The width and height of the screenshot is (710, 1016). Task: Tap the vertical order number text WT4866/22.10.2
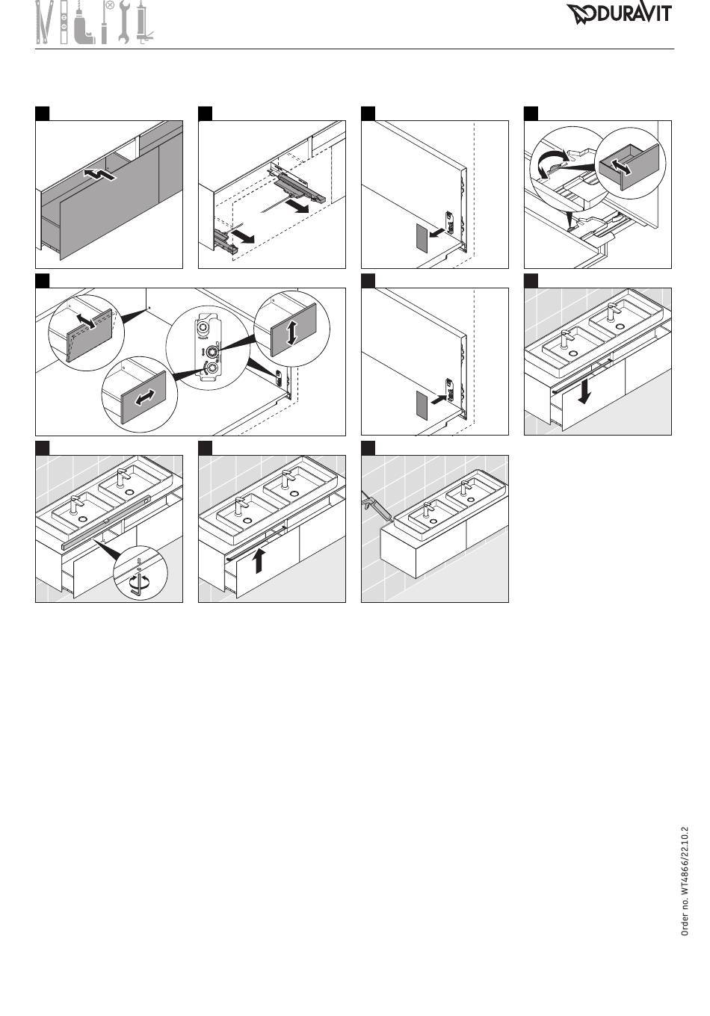click(x=685, y=881)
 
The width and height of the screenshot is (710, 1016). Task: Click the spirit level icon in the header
click(x=64, y=25)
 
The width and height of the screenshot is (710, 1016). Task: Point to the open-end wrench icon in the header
click(x=123, y=23)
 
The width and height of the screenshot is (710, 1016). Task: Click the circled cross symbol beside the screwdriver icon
click(x=110, y=5)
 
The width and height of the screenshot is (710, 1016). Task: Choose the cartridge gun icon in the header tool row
click(x=143, y=25)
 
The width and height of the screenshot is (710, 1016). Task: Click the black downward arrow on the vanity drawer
click(x=585, y=388)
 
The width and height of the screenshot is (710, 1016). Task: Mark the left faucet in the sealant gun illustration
click(x=428, y=512)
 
